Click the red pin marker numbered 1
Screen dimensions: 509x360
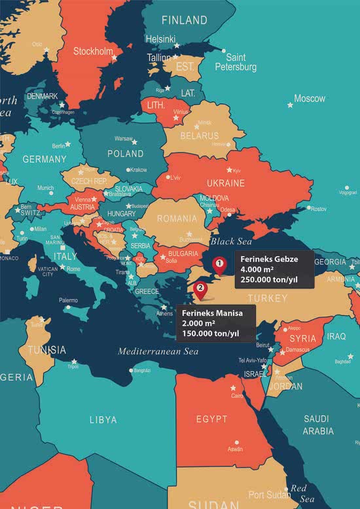[x=220, y=265]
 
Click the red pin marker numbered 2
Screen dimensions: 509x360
[x=201, y=288]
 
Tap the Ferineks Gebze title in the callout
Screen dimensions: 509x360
[x=269, y=260]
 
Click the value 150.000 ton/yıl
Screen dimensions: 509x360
[x=211, y=334]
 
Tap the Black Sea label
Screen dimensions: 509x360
[x=231, y=241]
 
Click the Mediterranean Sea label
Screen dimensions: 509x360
[x=158, y=351]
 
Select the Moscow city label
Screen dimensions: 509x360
[x=310, y=99]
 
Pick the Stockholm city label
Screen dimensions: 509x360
[x=94, y=51]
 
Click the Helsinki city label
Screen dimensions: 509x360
[x=160, y=39]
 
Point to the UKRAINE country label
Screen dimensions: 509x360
[x=225, y=183]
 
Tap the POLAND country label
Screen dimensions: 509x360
[x=126, y=154]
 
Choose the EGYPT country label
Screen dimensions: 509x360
[x=211, y=419]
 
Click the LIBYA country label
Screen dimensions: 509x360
[x=103, y=419]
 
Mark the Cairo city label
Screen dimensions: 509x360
[x=237, y=396]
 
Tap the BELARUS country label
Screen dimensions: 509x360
[x=200, y=136]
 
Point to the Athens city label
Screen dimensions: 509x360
[x=164, y=313]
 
